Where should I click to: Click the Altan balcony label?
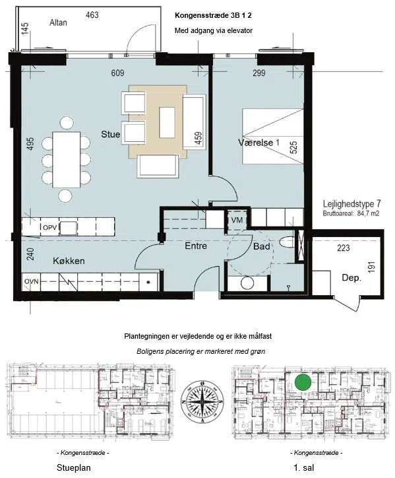[58, 22]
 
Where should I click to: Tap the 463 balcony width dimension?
[92, 15]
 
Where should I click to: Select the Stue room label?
[111, 134]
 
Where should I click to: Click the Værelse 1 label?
[258, 143]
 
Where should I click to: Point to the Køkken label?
[69, 261]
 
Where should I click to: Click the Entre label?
[196, 246]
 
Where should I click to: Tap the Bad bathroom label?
[262, 246]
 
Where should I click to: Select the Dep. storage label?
[351, 278]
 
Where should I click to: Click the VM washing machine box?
[237, 220]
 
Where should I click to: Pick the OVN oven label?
[32, 281]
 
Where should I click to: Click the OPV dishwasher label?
[49, 227]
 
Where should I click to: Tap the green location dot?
[303, 382]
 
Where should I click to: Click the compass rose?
[202, 402]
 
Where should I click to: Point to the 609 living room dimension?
[117, 73]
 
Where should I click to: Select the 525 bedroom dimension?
[294, 147]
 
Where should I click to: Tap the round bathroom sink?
[247, 283]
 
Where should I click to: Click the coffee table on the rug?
[167, 122]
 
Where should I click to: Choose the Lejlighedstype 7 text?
[351, 203]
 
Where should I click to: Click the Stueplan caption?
[74, 467]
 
